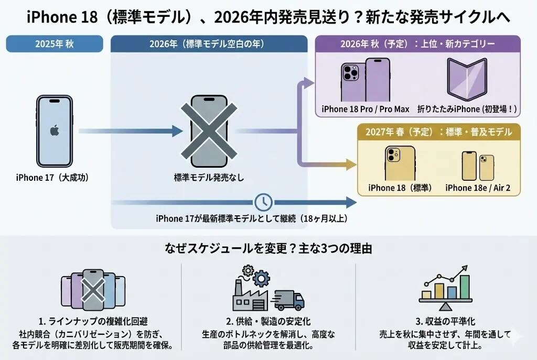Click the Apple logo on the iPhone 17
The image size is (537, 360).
(55, 130)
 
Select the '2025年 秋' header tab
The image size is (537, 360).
(55, 43)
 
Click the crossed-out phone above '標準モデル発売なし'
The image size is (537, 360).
(209, 131)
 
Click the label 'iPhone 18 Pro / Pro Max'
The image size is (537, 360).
(366, 109)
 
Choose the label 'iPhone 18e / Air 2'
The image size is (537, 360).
(478, 188)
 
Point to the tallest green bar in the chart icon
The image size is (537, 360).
(465, 287)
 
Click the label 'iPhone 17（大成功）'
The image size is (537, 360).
(52, 178)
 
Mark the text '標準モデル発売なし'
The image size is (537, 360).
(209, 178)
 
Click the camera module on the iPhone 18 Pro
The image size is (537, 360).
(350, 73)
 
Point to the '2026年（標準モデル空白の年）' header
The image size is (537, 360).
(209, 43)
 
